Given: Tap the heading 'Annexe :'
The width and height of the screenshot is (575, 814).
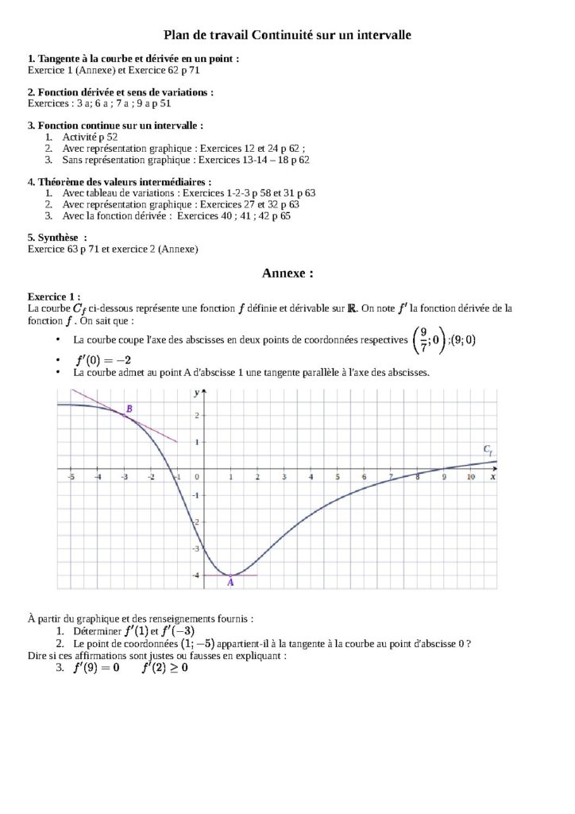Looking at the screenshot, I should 287,273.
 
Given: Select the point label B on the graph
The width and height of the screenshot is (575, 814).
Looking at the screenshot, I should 129,409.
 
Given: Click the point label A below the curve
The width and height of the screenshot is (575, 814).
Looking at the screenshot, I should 230,583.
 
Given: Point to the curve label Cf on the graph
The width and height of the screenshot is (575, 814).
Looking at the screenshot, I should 488,450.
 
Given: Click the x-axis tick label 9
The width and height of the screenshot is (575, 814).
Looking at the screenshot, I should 444,477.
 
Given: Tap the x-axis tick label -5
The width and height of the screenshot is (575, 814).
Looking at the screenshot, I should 71,477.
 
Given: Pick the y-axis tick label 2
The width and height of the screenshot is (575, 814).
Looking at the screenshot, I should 195,415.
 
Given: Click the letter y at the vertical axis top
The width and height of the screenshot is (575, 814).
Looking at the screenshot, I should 195,393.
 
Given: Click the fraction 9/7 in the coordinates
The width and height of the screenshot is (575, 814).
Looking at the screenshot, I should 424,339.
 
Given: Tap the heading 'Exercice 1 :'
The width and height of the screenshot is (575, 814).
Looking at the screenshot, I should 54,295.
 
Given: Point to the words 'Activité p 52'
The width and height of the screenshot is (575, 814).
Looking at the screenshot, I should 90,137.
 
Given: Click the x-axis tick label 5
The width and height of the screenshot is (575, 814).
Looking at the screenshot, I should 337,477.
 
